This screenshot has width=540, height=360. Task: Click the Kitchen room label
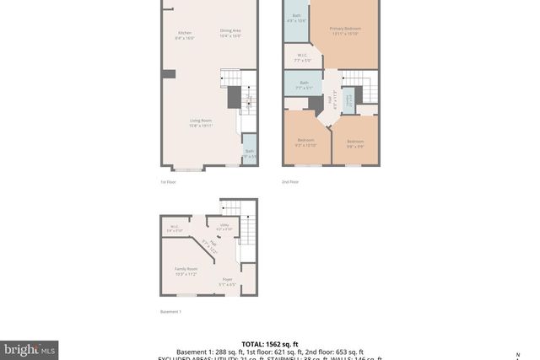tap(185, 35)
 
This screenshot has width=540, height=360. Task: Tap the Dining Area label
tap(230, 33)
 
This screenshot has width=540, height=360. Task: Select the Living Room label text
tap(200, 122)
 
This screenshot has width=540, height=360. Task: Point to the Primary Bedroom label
tap(344, 31)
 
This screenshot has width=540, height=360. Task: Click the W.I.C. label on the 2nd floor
tap(302, 58)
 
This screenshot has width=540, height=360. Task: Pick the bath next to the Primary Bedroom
tap(296, 19)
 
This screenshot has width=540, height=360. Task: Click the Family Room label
tap(186, 271)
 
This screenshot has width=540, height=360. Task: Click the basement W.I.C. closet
tap(174, 228)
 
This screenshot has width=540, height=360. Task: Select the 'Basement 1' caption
tap(170, 312)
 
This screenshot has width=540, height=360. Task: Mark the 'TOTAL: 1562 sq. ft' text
tap(270, 344)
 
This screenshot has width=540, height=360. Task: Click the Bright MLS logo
tap(30, 348)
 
